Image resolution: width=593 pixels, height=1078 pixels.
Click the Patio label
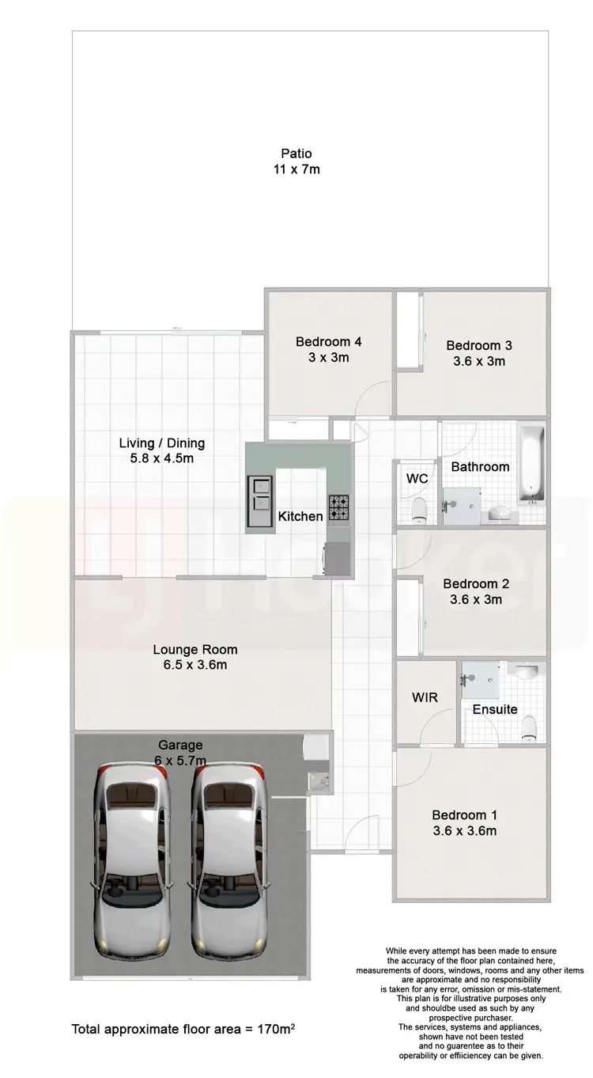click(x=296, y=154)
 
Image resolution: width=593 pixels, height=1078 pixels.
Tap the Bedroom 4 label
click(x=328, y=342)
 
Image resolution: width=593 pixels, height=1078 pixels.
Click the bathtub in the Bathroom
click(x=531, y=465)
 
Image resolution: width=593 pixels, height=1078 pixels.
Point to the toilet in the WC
click(x=419, y=507)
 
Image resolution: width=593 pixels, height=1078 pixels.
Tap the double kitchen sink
click(x=259, y=492)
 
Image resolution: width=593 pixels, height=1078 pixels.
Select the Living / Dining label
click(x=161, y=443)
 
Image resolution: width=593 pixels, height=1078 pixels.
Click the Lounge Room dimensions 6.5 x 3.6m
click(x=195, y=665)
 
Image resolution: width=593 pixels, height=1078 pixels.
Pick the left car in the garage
click(x=132, y=856)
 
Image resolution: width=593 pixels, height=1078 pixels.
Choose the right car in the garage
click(x=229, y=856)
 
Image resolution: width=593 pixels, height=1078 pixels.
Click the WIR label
click(x=425, y=697)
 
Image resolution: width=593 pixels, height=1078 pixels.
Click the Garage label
click(x=180, y=745)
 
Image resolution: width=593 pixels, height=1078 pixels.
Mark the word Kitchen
click(x=300, y=516)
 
